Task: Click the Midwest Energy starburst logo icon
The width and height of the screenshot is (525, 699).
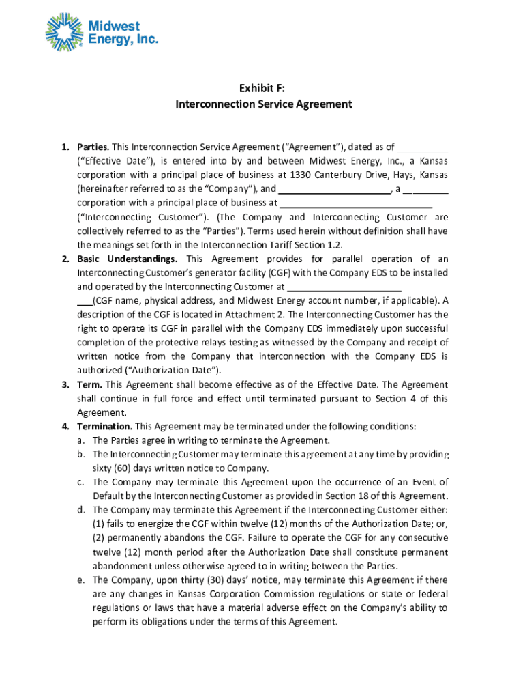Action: click(x=65, y=32)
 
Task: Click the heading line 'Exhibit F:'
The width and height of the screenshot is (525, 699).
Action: click(x=263, y=88)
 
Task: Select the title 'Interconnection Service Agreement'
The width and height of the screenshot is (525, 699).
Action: click(x=263, y=104)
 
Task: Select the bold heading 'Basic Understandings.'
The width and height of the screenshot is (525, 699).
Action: click(x=127, y=259)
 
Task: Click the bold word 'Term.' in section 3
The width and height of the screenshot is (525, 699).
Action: click(x=90, y=384)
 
